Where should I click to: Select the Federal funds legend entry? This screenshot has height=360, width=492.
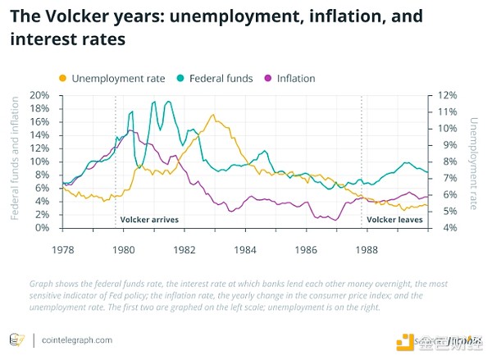point(212,78)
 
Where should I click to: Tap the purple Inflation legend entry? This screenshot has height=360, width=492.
point(288,78)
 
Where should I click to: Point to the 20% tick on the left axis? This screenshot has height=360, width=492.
point(39,95)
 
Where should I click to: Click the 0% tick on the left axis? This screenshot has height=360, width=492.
point(43,228)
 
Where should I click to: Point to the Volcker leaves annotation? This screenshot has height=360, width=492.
point(394,220)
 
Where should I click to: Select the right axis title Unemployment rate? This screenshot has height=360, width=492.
point(471,162)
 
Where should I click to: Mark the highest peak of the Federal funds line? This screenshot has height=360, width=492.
point(153,102)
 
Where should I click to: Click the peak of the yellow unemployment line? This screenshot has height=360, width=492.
point(213,115)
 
